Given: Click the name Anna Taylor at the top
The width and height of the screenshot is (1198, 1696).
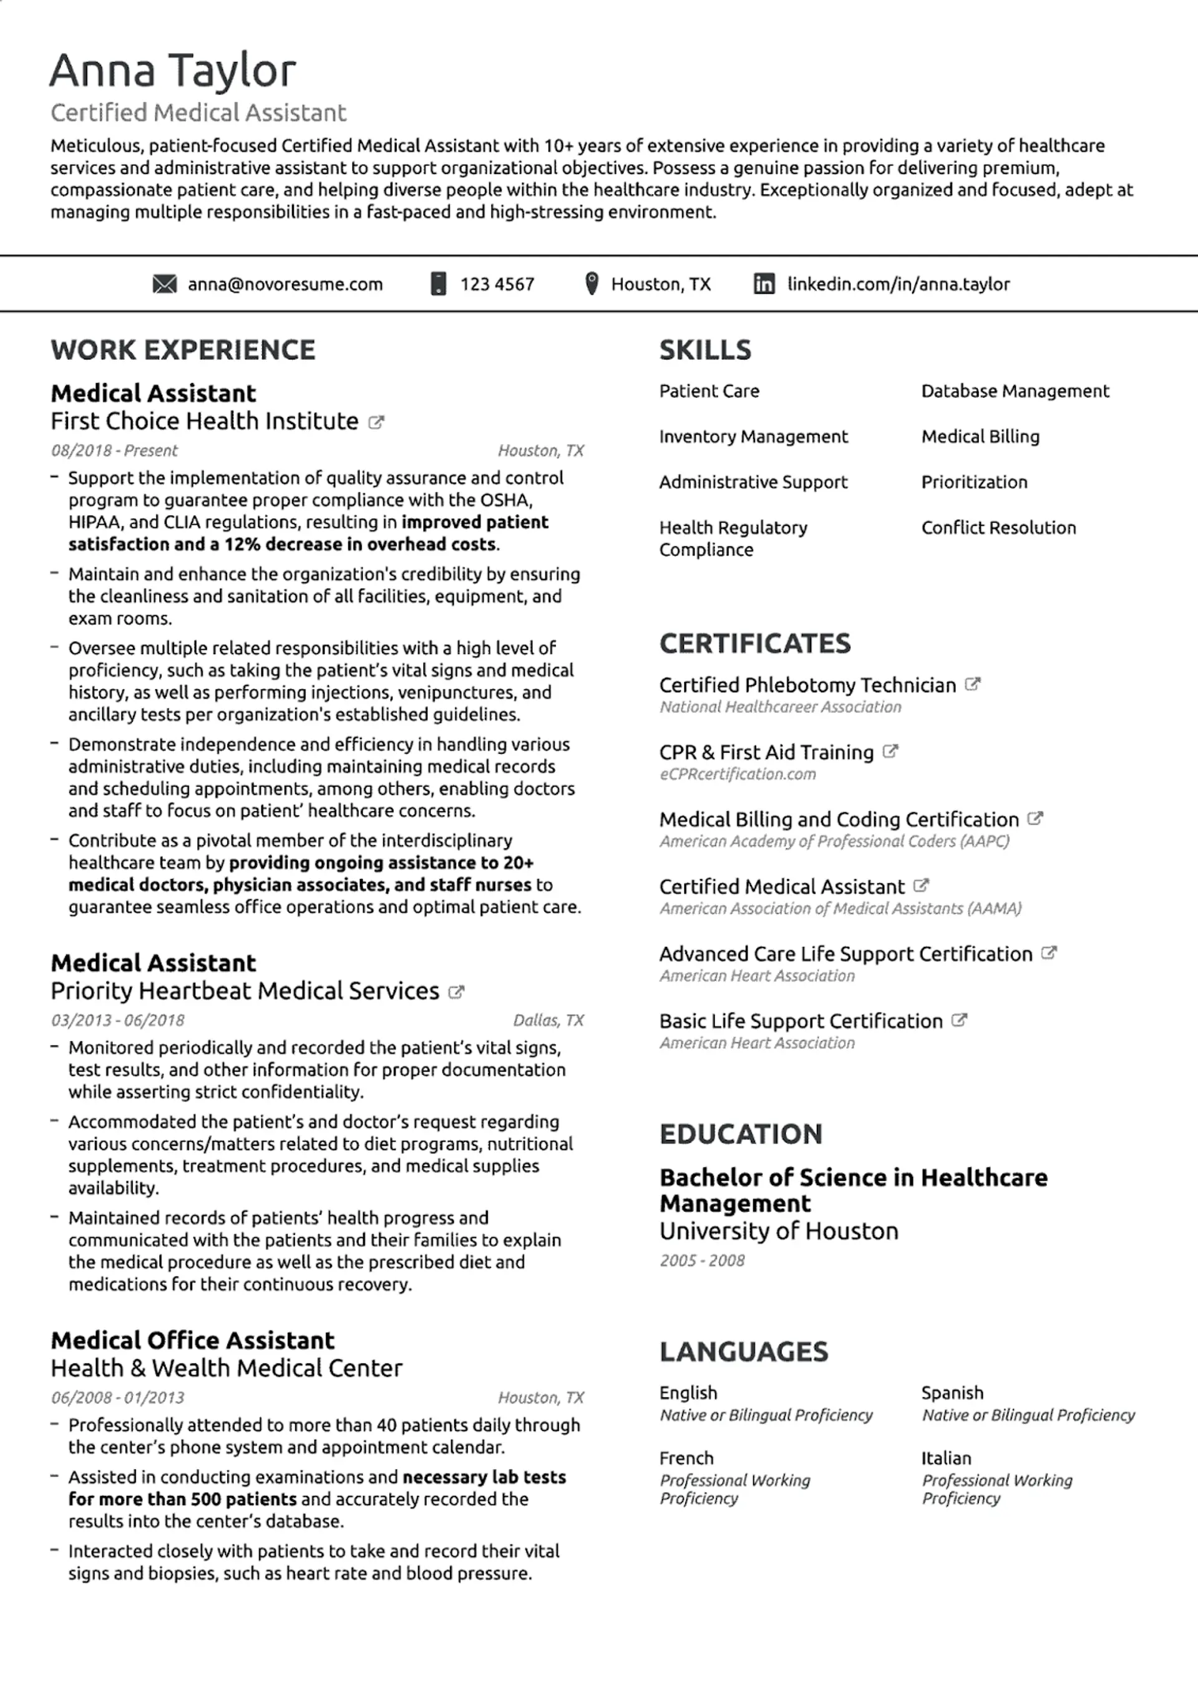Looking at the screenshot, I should [173, 71].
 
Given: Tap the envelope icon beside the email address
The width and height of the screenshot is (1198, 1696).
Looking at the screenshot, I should [164, 284].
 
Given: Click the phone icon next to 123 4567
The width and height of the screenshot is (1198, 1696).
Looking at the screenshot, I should [438, 284].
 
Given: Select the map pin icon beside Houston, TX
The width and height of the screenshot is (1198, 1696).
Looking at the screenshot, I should [592, 284].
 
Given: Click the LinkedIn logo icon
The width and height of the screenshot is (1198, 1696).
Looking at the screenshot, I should [764, 284].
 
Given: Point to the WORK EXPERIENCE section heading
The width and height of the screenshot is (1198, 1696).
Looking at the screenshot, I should [183, 350].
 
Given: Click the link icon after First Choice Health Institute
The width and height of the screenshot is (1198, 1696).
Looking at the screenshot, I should [376, 422].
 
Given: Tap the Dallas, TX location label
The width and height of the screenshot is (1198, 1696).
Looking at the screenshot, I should [548, 1020].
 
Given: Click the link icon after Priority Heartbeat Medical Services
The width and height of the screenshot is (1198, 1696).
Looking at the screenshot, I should [457, 992].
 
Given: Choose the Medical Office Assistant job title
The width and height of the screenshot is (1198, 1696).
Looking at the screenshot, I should [192, 1340].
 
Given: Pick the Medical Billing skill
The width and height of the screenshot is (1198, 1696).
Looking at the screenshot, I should [980, 437].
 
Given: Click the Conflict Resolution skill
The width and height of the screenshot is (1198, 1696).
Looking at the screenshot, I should [998, 528].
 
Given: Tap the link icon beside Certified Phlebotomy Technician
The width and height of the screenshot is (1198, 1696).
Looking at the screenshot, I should [973, 685].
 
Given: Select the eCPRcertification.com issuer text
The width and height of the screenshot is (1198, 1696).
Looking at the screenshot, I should [738, 774].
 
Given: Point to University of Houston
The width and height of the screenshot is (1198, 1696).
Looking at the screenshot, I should [779, 1231].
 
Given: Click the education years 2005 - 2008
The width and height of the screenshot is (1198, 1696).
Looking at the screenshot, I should [702, 1260].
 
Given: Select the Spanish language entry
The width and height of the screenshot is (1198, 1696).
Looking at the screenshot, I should [952, 1392].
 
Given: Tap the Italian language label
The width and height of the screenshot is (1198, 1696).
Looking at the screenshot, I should [946, 1458].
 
